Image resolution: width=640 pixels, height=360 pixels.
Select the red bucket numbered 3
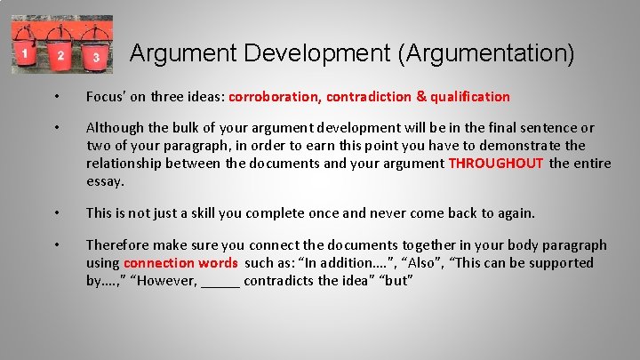(x=96, y=56)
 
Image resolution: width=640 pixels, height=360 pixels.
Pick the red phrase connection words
(x=180, y=262)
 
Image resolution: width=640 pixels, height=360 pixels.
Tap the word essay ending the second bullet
(x=105, y=181)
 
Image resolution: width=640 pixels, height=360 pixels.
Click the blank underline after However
(x=220, y=283)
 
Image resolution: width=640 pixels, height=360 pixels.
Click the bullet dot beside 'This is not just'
(x=56, y=213)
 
